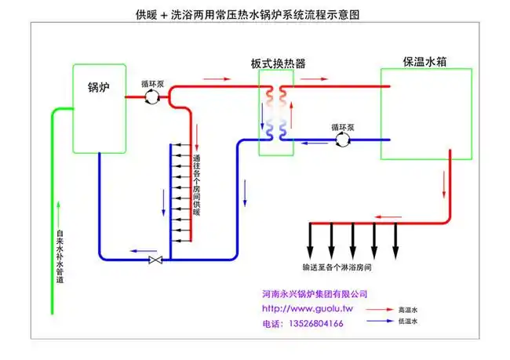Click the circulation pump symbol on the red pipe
(152, 96)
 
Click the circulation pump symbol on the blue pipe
(341, 139)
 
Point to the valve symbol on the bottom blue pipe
(155, 260)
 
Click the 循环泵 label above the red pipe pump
(152, 82)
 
